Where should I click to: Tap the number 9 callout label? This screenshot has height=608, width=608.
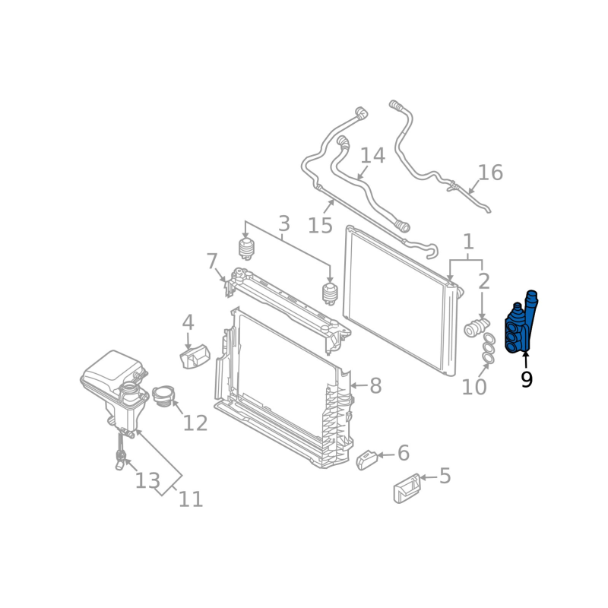[526, 379]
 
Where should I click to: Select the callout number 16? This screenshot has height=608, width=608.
[490, 173]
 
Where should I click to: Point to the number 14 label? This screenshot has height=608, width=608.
[372, 156]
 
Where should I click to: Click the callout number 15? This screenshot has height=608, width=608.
[320, 225]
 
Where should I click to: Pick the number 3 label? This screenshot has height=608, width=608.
[283, 223]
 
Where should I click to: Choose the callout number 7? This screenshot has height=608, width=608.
[212, 261]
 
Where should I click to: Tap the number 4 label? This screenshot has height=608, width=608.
[188, 322]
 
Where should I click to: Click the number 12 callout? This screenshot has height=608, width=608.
[195, 423]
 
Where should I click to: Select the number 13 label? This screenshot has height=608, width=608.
[147, 480]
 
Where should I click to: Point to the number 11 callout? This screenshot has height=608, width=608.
[191, 499]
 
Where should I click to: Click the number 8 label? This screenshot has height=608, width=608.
[375, 386]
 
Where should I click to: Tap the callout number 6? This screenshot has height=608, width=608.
[403, 454]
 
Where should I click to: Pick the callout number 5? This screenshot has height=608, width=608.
[445, 477]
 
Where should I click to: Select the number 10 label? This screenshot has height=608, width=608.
[473, 388]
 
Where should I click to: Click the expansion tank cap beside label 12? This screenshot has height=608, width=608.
[163, 396]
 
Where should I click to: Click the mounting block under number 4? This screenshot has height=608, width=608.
[195, 356]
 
